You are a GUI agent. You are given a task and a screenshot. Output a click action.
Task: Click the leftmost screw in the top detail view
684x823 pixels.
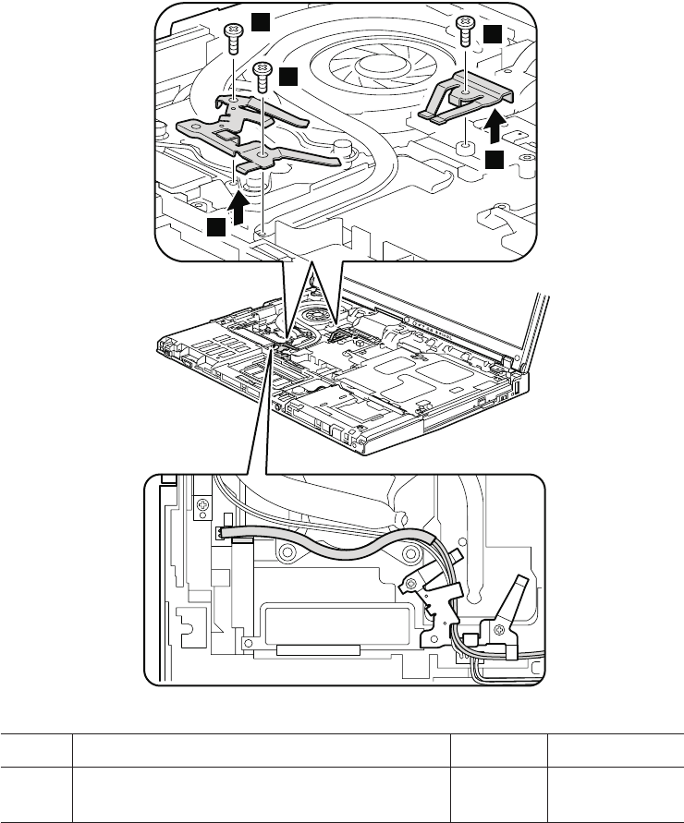click(x=232, y=38)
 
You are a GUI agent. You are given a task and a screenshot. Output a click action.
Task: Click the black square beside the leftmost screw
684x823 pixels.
click(x=263, y=20)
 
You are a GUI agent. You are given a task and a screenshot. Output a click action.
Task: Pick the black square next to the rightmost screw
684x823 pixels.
click(x=495, y=35)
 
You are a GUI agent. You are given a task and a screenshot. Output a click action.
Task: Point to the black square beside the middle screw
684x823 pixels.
click(x=289, y=77)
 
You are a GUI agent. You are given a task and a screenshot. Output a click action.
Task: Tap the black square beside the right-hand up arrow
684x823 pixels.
click(x=495, y=161)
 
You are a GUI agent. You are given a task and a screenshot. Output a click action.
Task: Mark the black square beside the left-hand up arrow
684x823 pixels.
click(x=216, y=227)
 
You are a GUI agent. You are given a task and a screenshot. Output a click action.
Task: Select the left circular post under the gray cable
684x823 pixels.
click(x=287, y=553)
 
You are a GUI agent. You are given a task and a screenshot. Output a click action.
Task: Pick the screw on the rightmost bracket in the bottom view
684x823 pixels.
click(x=500, y=630)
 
